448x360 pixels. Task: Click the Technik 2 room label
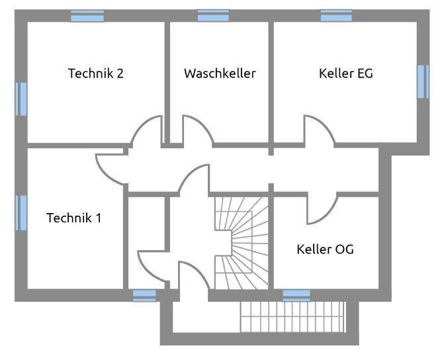(96, 73)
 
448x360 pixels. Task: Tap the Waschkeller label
(220, 73)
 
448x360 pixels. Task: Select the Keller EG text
(345, 73)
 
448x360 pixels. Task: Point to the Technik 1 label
(74, 218)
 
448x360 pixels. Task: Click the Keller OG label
(325, 249)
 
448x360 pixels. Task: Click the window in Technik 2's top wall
(87, 16)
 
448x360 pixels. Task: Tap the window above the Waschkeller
(213, 16)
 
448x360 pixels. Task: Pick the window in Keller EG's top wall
(336, 16)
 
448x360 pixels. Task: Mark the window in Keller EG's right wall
(423, 81)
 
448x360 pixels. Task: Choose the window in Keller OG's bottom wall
(296, 295)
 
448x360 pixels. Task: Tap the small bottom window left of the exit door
(144, 295)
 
